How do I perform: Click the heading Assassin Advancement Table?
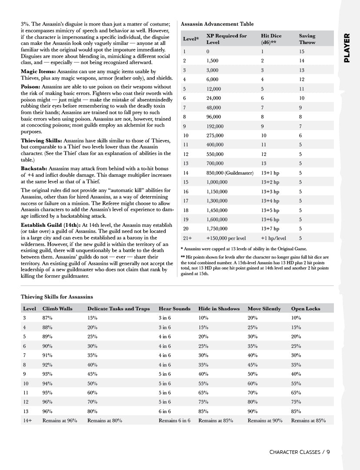pyautogui.click(x=217, y=24)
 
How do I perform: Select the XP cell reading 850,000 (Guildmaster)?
pyautogui.click(x=230, y=173)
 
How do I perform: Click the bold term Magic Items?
pyautogui.click(x=36, y=71)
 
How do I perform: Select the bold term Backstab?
pyautogui.click(x=34, y=168)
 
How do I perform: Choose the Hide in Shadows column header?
pyautogui.click(x=219, y=309)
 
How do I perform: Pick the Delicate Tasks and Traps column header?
pyautogui.click(x=118, y=309)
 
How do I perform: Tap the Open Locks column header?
pyautogui.click(x=305, y=309)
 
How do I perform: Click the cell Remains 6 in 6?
pyautogui.click(x=174, y=421)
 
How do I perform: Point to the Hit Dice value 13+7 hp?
pyautogui.click(x=270, y=229)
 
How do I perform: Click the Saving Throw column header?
pyautogui.click(x=307, y=39)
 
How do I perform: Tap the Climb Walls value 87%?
pyautogui.click(x=48, y=318)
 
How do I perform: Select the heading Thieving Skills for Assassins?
pyautogui.click(x=57, y=297)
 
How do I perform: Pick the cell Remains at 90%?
pyautogui.click(x=265, y=421)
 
